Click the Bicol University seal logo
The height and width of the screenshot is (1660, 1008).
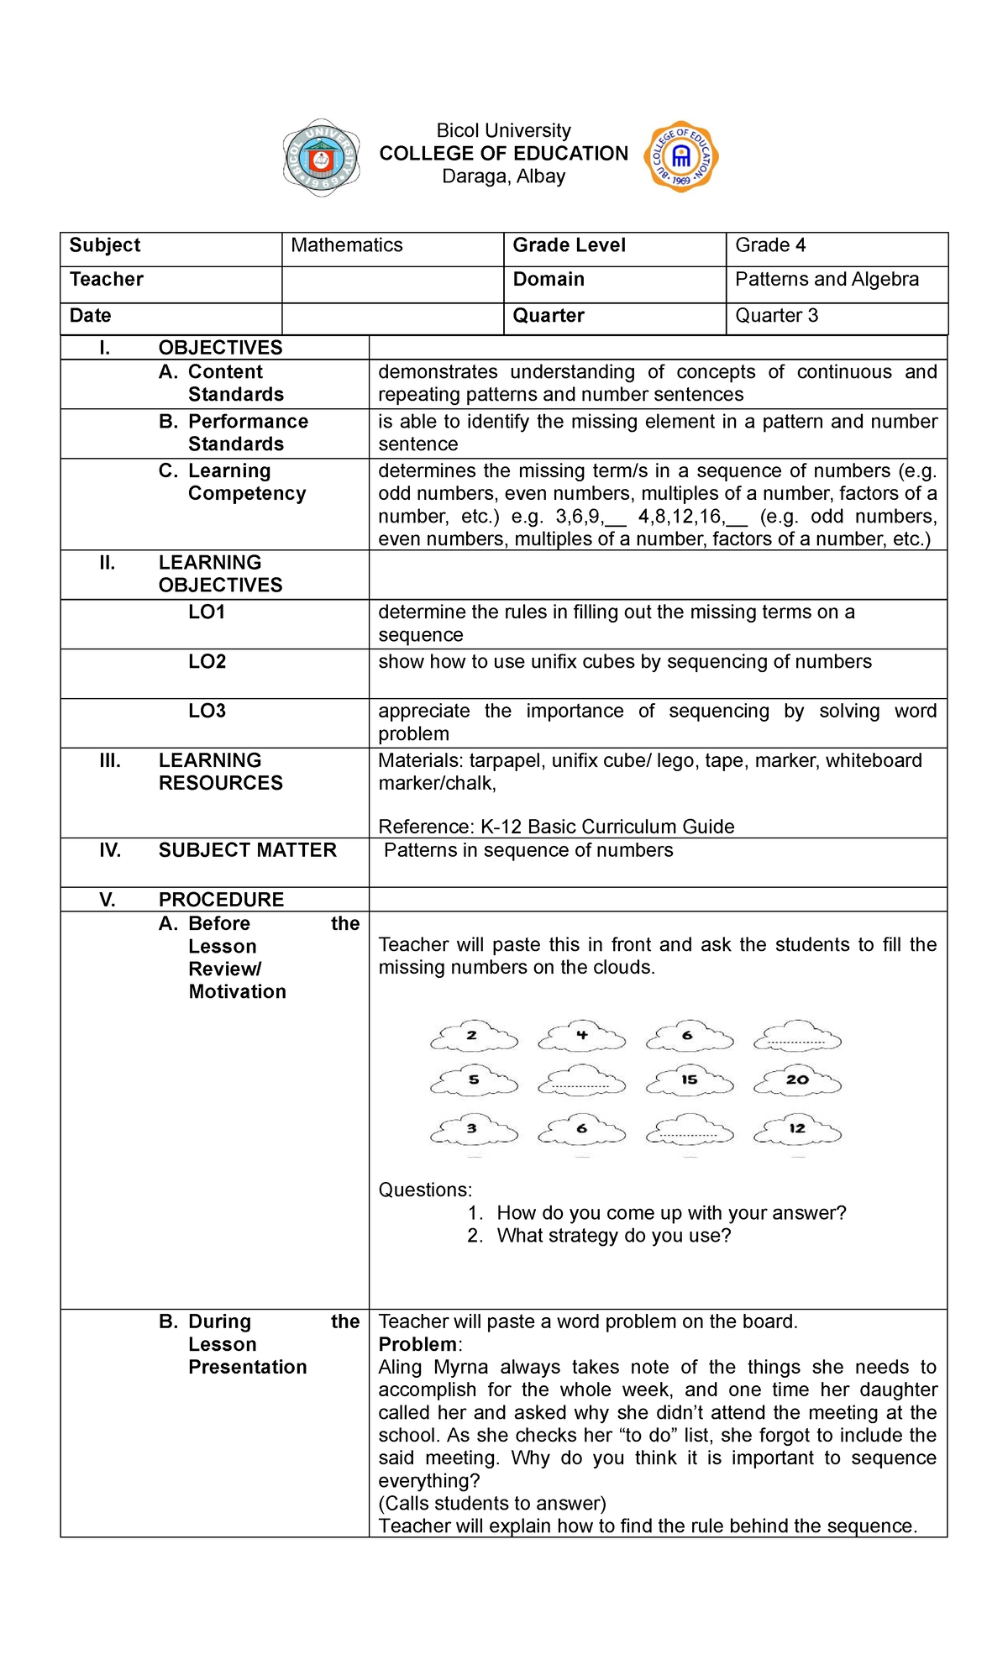(x=321, y=157)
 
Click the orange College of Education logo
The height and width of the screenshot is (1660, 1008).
(x=680, y=156)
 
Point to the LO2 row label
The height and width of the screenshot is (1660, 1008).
(x=207, y=662)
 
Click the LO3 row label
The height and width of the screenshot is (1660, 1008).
(x=207, y=712)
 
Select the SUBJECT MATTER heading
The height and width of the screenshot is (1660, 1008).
(x=247, y=850)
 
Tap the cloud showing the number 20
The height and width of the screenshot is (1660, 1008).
(x=797, y=1080)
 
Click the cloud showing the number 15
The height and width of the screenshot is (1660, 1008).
(x=690, y=1080)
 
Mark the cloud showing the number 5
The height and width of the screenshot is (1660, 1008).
(x=474, y=1080)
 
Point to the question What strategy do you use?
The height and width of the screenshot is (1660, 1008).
(x=613, y=1236)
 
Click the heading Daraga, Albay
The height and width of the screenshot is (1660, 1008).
(x=503, y=176)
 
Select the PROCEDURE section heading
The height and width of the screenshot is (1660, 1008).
(x=221, y=900)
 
